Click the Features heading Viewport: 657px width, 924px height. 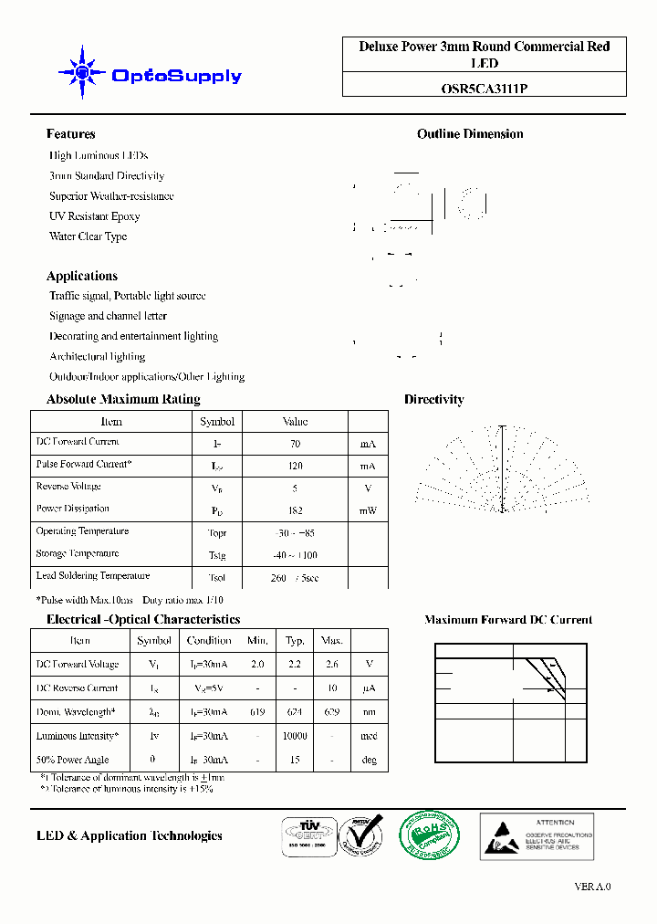pyautogui.click(x=70, y=134)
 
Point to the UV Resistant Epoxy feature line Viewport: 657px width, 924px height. pyautogui.click(x=94, y=216)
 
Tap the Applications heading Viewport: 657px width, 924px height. pyautogui.click(x=82, y=276)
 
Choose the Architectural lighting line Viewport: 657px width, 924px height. pyautogui.click(x=97, y=357)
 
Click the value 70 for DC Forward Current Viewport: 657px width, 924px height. pyautogui.click(x=295, y=444)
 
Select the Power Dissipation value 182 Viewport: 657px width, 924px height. pyautogui.click(x=295, y=510)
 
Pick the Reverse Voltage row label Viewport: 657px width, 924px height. pyautogui.click(x=68, y=487)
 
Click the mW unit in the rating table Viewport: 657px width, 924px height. pyautogui.click(x=368, y=510)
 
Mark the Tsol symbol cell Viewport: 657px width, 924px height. pyautogui.click(x=217, y=578)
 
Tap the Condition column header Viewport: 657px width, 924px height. pyautogui.click(x=209, y=641)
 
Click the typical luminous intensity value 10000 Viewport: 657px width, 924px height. pyautogui.click(x=295, y=736)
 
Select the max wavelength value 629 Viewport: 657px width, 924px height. pyautogui.click(x=332, y=712)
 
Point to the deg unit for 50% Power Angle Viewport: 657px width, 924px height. pyautogui.click(x=369, y=760)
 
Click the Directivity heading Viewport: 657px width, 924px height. pyautogui.click(x=433, y=400)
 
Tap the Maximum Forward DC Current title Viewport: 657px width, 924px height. pyautogui.click(x=508, y=620)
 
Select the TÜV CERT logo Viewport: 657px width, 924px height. pyautogui.click(x=307, y=835)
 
